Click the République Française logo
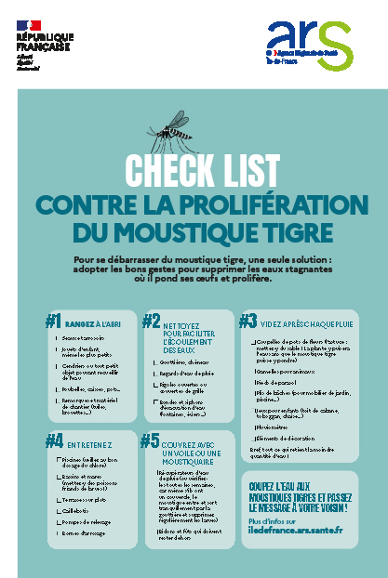(x=36, y=42)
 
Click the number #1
(x=54, y=321)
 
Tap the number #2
(x=151, y=321)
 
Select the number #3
(x=248, y=321)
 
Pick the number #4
(x=54, y=440)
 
